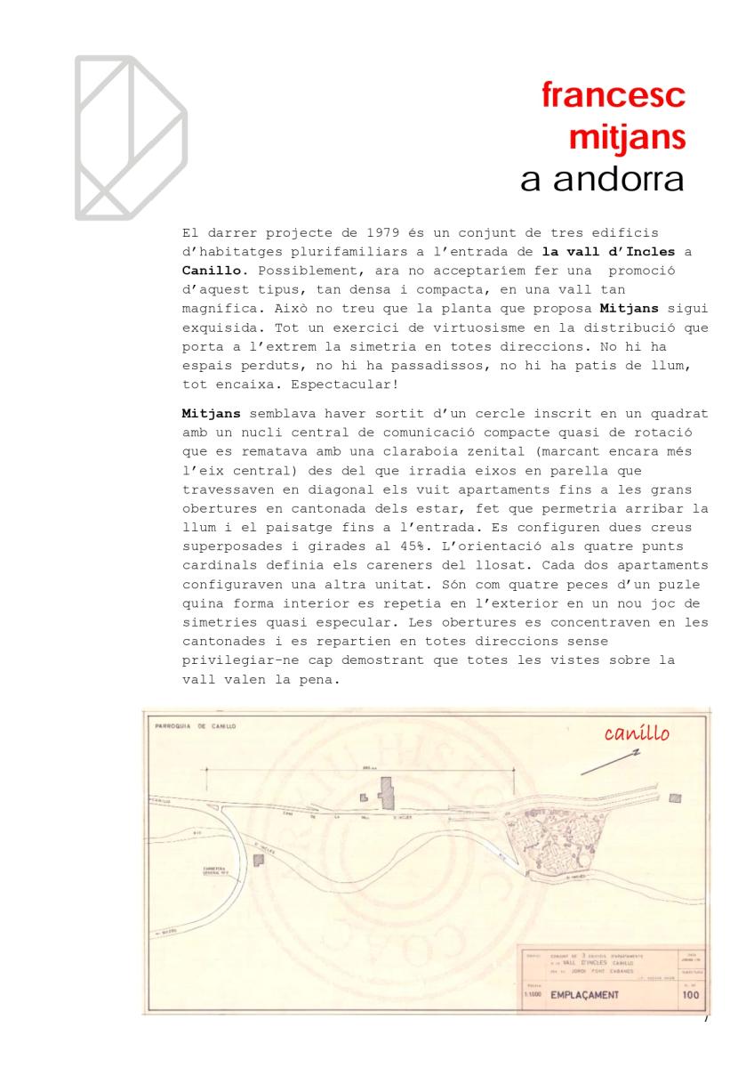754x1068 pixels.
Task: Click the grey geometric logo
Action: [131, 137]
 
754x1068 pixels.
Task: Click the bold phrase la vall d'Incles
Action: [604, 251]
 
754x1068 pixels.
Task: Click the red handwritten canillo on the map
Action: [636, 734]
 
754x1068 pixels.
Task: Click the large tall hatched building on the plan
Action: [386, 791]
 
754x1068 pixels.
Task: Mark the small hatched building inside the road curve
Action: [258, 860]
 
